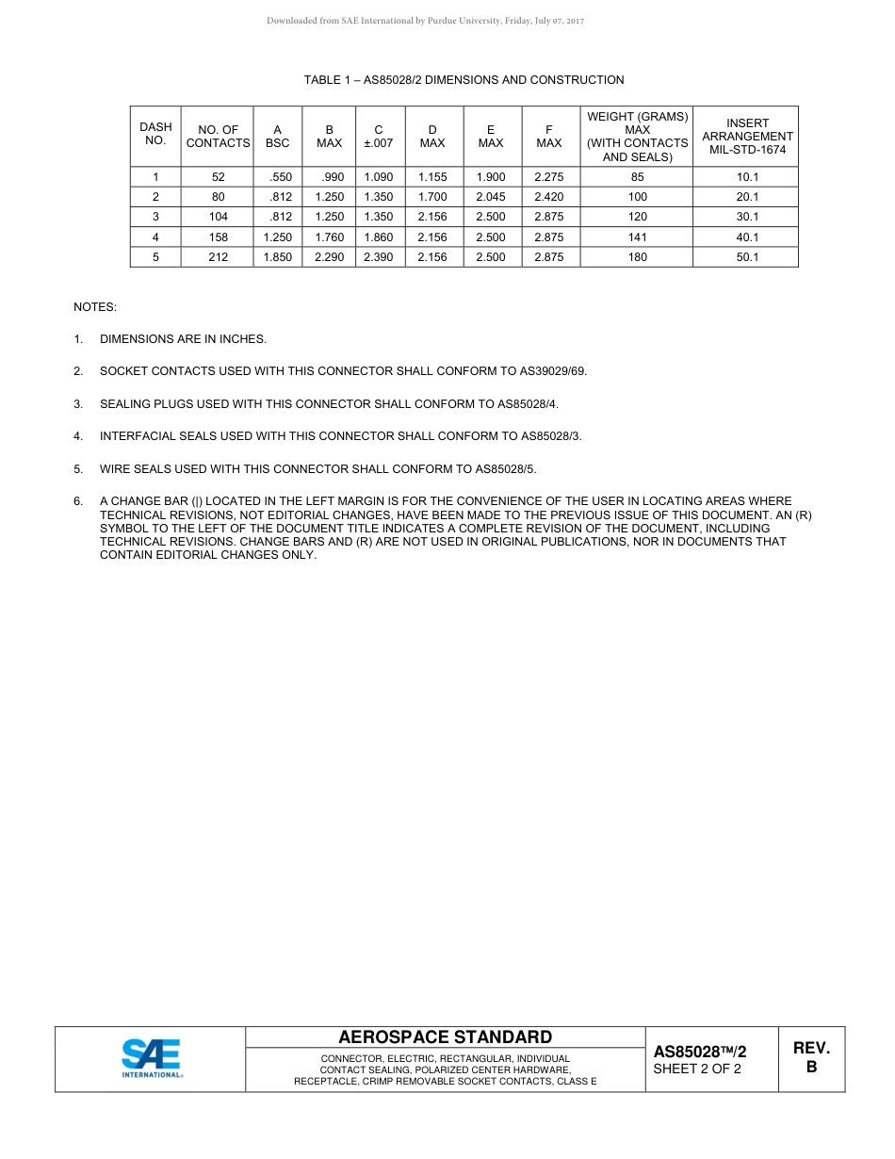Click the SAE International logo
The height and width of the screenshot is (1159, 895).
152,1058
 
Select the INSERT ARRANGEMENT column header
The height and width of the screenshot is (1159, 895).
747,137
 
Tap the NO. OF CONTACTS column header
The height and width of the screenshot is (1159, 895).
218,137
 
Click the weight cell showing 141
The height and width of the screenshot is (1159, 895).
637,237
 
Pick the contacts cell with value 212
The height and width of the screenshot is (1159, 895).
218,257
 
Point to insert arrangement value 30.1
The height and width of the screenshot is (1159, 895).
747,217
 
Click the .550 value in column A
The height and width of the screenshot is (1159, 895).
281,177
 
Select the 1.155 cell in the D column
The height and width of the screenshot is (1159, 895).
432,177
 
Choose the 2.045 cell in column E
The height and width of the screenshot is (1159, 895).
491,197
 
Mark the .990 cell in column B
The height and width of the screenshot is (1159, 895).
332,177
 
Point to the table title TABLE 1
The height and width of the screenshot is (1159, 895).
464,80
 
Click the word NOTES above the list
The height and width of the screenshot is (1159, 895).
95,307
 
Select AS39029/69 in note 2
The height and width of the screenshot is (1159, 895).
554,371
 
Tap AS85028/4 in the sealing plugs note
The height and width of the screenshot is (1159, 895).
525,404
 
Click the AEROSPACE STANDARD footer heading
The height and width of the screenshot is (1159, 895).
445,1037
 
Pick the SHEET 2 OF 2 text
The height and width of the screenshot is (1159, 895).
697,1069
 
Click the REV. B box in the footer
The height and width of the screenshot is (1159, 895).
811,1057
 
